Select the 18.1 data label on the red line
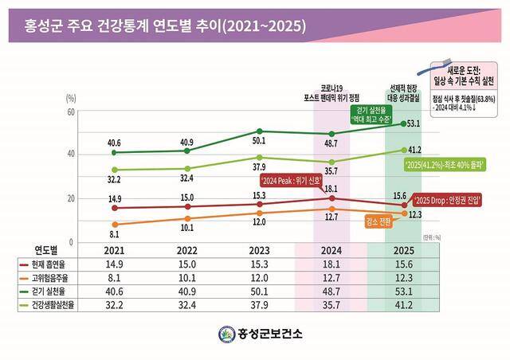click(332, 190)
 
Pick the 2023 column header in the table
click(258, 250)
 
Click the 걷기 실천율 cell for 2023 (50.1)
click(258, 291)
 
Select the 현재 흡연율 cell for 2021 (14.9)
click(114, 264)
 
